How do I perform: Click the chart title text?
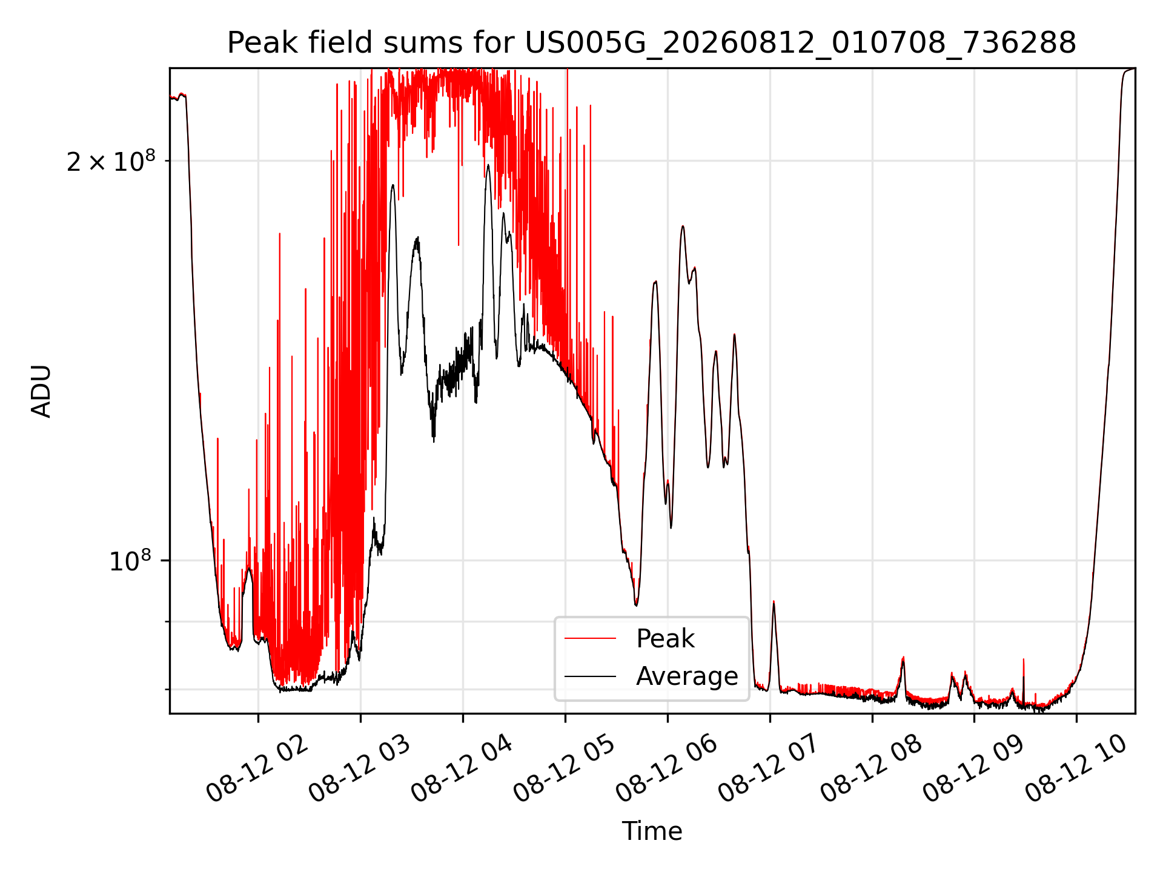click(652, 43)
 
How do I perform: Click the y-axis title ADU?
click(41, 391)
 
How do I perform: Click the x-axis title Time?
click(652, 831)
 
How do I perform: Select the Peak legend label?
click(665, 639)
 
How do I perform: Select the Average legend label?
click(687, 676)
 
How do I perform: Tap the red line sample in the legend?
click(590, 639)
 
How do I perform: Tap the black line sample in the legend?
click(590, 676)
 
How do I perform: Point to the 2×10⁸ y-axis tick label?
click(111, 161)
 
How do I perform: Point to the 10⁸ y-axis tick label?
click(132, 561)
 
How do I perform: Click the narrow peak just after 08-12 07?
click(774, 602)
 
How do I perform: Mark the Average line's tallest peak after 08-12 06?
click(683, 226)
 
